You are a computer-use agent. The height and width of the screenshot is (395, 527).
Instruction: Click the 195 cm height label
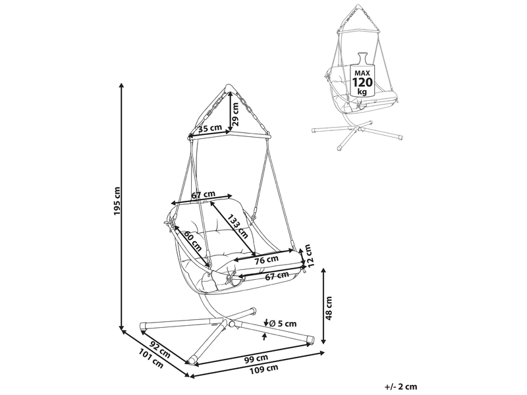(x=117, y=201)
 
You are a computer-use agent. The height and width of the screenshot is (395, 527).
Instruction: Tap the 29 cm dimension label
(x=235, y=114)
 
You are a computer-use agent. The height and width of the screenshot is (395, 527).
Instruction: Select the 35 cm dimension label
(x=210, y=128)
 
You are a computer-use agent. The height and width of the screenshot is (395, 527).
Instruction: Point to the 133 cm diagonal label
(x=237, y=226)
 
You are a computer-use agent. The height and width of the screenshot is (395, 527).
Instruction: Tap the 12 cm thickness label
(x=308, y=255)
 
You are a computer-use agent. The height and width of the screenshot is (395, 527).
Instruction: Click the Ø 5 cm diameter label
(x=283, y=323)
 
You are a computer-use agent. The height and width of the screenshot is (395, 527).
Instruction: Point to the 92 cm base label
(x=159, y=350)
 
